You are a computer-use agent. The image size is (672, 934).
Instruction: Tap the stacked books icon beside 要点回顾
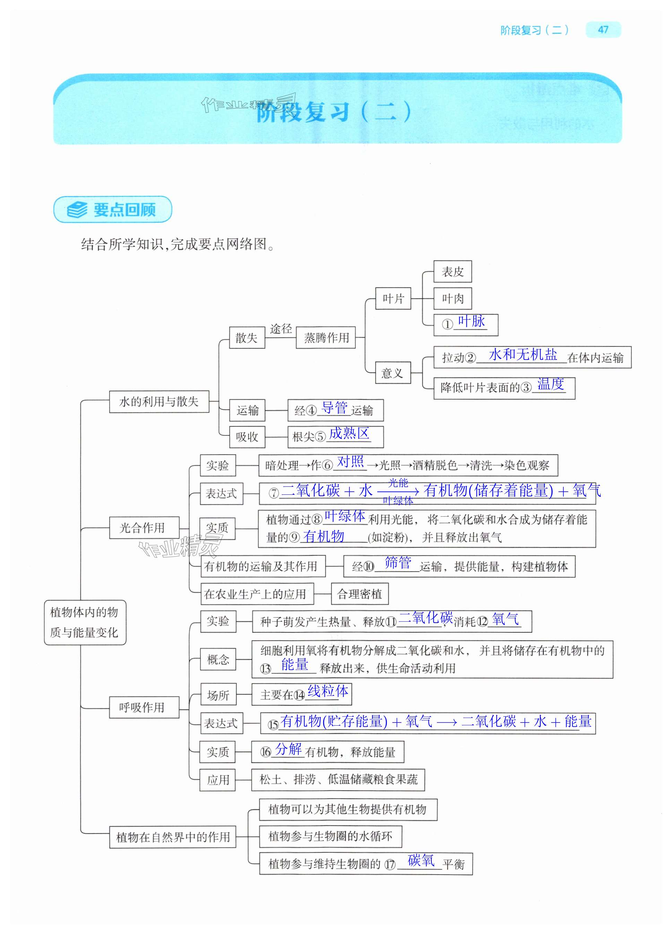[77, 210]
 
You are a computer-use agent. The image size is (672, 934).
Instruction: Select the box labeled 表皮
[453, 271]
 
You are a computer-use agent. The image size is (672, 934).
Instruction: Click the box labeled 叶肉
[453, 298]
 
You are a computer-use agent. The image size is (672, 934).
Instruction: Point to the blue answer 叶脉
[472, 321]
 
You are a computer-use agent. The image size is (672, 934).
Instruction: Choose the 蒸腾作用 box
[326, 338]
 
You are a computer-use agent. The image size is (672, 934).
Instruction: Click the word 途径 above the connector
[281, 329]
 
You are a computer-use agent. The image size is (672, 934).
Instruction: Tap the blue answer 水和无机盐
[523, 355]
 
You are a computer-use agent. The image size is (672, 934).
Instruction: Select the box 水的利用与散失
[159, 401]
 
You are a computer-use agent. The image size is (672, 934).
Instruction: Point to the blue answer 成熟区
[349, 433]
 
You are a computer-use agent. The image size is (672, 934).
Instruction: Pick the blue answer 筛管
[398, 563]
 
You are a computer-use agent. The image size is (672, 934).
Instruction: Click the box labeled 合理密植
[360, 594]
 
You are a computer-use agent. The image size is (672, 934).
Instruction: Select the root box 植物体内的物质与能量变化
[85, 622]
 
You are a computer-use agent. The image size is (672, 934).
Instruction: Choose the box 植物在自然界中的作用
[173, 837]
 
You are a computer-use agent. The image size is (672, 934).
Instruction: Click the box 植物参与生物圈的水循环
[330, 836]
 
